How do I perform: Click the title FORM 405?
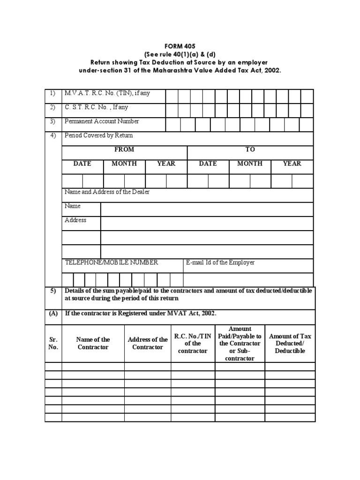pos(180,47)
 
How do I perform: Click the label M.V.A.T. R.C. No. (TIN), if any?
pos(107,93)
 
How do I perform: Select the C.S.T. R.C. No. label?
pos(96,107)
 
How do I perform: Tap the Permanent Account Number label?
pos(102,121)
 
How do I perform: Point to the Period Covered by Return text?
pos(99,135)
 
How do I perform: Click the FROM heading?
pos(124,150)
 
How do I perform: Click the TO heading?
pos(250,150)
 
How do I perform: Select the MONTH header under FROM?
pos(124,164)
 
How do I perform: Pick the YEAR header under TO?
pos(292,164)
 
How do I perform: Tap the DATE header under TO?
pos(208,164)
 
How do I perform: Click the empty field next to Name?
pos(207,209)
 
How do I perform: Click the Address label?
pos(75,220)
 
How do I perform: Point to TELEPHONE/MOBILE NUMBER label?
pos(112,262)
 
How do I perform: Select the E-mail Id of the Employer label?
pos(220,262)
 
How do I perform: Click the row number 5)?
pos(53,291)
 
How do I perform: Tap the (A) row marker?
pos(53,314)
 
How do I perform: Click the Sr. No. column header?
pos(53,343)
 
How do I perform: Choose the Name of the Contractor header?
pos(93,343)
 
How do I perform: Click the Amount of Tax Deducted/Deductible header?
pos(290,343)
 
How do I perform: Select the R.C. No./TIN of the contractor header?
pos(193,343)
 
